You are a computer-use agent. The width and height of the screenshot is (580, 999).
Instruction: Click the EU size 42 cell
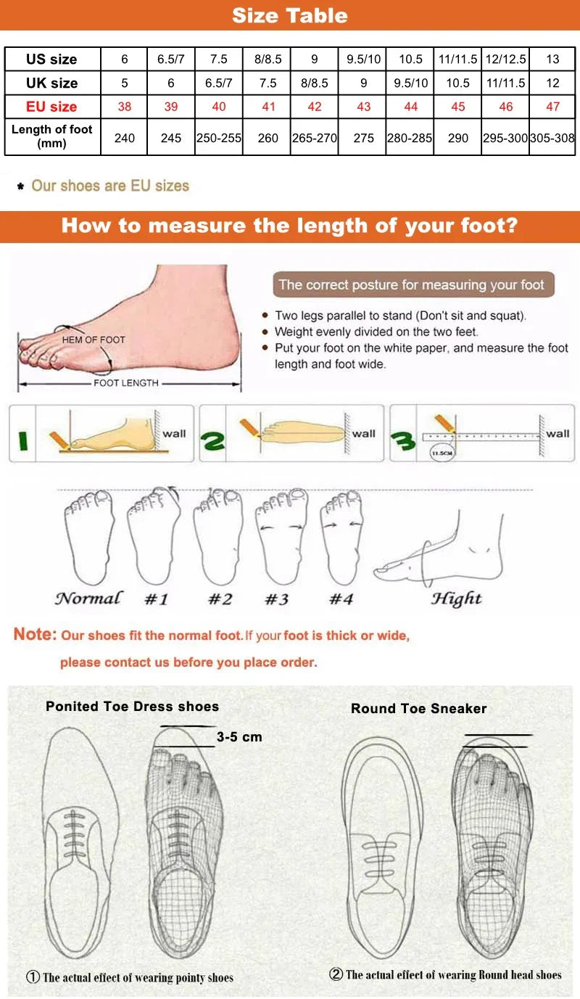314,107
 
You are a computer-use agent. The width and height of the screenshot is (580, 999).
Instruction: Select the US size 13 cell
552,59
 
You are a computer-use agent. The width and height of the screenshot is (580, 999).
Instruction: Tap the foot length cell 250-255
219,137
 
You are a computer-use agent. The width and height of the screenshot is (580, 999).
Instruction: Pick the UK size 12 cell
552,83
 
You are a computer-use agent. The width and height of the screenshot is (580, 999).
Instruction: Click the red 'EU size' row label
51,107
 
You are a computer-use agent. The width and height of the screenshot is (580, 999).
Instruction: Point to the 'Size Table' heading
289,15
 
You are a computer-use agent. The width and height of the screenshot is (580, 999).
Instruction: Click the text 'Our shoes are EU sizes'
109,186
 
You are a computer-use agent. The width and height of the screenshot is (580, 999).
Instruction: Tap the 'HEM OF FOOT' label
94,340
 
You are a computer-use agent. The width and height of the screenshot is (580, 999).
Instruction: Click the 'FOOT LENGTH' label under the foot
125,382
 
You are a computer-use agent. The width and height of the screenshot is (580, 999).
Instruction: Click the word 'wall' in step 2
364,434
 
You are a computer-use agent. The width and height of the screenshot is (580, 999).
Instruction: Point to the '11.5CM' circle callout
441,453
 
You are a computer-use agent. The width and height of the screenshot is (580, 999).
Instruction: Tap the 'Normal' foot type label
88,599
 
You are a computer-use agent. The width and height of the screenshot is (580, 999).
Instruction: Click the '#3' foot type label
275,599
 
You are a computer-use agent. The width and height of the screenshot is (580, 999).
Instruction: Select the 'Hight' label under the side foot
456,599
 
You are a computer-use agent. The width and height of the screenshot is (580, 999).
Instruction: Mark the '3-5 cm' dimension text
239,737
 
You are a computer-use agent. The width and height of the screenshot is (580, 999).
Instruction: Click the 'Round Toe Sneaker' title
418,709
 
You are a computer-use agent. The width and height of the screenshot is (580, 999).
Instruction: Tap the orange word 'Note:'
35,634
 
